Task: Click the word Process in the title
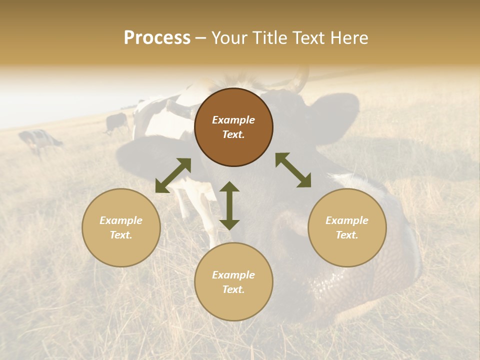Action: pos(157,38)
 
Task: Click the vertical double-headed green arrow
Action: pos(229,205)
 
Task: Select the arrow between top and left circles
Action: pos(173,175)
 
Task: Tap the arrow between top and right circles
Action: pos(293,170)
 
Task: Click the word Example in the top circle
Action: pos(233,120)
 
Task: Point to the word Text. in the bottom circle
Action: pos(233,289)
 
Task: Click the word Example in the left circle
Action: pos(121,220)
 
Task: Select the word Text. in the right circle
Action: pos(347,235)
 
